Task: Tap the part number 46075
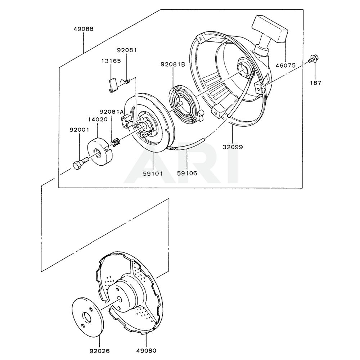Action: tap(285, 66)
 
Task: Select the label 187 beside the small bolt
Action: tap(316, 83)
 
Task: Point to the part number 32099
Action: tap(233, 147)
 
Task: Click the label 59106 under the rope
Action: tap(187, 173)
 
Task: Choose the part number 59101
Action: tap(153, 173)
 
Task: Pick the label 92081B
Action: tap(173, 64)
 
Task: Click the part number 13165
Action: tap(111, 61)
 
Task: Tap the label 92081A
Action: tap(112, 112)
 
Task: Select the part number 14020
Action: tap(98, 119)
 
